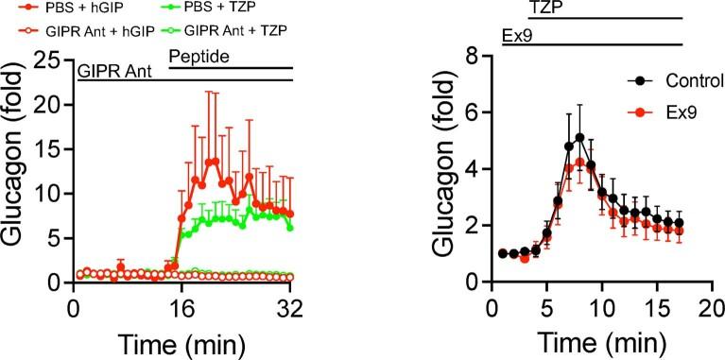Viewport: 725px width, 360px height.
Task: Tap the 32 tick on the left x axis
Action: (292, 307)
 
